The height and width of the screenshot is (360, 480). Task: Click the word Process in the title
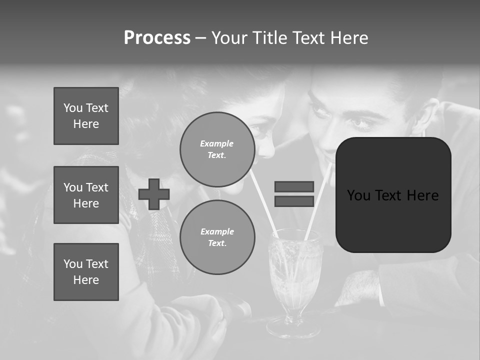157,38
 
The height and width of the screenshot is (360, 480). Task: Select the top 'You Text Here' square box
86,116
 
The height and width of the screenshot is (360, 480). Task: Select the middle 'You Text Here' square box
86,195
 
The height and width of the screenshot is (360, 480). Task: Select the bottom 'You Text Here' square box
86,272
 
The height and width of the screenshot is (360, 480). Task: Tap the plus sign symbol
154,194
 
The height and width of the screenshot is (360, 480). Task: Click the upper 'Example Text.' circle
217,149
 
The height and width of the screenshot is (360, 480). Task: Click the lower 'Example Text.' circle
217,237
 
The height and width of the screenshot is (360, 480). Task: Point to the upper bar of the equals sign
294,186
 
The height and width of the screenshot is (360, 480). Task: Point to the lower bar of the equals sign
294,201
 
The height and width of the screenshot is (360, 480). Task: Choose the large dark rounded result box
393,195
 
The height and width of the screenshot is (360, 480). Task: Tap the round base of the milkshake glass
293,329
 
